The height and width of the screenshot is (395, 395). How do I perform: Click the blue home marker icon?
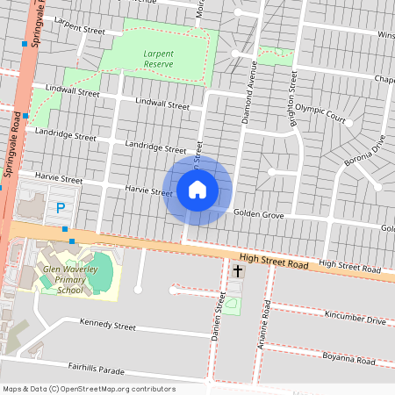click(197, 189)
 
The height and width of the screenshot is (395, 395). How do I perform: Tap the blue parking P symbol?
click(61, 208)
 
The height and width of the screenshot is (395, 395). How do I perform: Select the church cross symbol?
click(237, 272)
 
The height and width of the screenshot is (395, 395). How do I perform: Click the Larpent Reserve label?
click(159, 58)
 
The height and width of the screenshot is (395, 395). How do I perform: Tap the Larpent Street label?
click(79, 30)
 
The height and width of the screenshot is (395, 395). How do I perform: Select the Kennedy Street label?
click(107, 325)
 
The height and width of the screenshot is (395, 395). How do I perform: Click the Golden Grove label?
click(259, 214)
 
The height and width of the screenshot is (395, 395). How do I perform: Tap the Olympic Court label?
click(321, 111)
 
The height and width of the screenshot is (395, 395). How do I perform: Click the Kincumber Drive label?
click(355, 318)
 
